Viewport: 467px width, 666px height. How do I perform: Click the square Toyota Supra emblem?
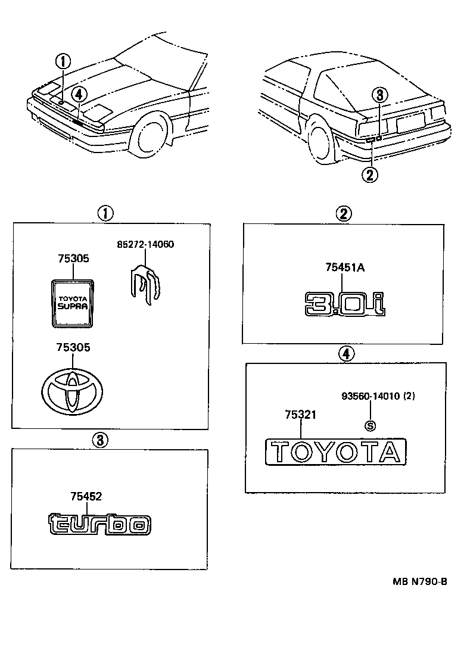coord(73,303)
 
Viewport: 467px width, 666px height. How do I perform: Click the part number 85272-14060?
coord(145,244)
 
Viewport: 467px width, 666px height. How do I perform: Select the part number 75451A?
coord(344,267)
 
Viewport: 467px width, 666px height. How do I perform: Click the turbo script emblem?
coord(99,524)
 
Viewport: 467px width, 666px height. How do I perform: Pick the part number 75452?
coord(86,495)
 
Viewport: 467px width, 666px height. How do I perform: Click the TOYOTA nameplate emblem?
coord(336,452)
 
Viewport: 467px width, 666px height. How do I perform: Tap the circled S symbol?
coord(370,425)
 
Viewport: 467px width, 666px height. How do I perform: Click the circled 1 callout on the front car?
coord(63,60)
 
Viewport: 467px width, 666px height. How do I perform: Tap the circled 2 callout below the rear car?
coord(371,174)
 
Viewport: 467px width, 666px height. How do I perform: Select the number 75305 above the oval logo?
coord(73,347)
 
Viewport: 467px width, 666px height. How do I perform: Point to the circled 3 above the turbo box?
coord(100,440)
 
